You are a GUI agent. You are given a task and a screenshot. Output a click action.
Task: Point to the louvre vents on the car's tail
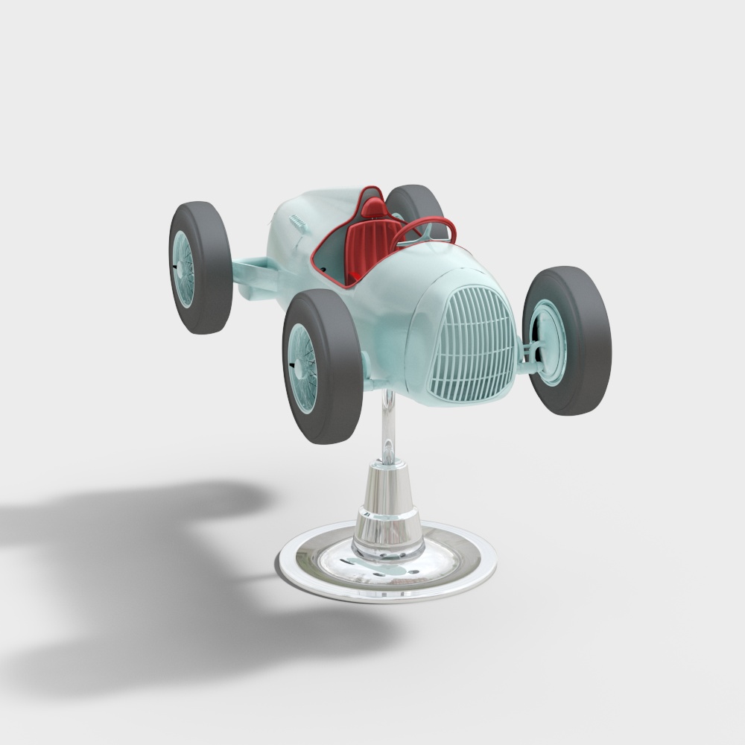coord(299,221)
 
